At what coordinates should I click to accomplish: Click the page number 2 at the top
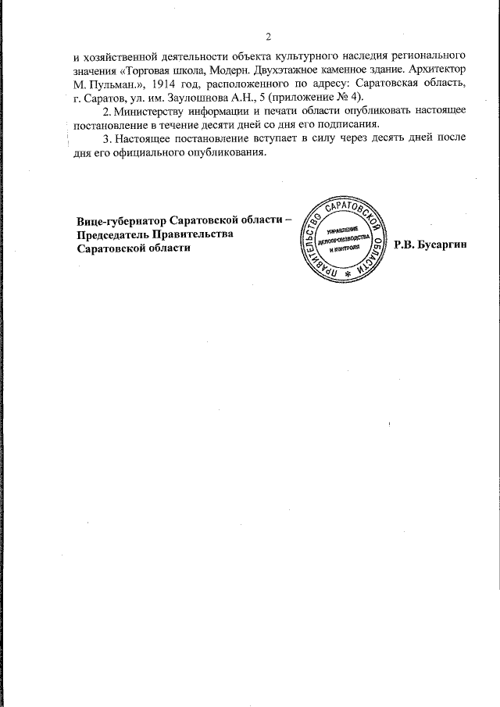click(268, 37)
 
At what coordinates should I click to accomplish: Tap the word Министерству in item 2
click(153, 112)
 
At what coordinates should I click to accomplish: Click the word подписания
click(346, 125)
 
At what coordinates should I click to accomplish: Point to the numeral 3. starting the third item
click(108, 138)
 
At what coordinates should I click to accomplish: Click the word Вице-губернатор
click(123, 221)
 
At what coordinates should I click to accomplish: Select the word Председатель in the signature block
click(114, 234)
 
